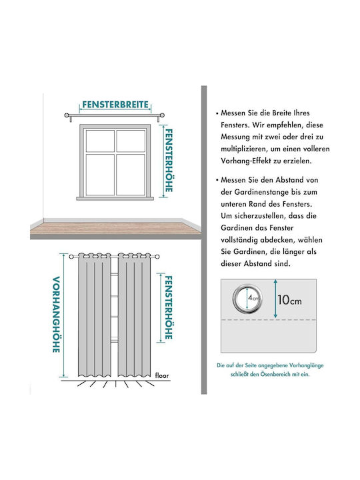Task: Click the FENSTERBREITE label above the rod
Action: (x=115, y=105)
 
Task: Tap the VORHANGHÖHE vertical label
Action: (x=56, y=315)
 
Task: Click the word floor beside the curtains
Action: (x=162, y=375)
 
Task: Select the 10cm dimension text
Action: (x=289, y=300)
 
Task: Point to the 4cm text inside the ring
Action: (x=253, y=297)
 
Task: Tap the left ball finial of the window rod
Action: (x=67, y=115)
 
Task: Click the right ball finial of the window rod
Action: (x=162, y=115)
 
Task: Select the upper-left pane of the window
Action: (x=100, y=141)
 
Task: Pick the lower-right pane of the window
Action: (x=131, y=175)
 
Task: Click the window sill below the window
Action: (x=115, y=199)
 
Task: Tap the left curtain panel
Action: (x=94, y=315)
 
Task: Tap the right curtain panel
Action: (x=135, y=315)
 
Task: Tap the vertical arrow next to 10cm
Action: (x=275, y=299)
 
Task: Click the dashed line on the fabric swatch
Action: (x=269, y=319)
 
